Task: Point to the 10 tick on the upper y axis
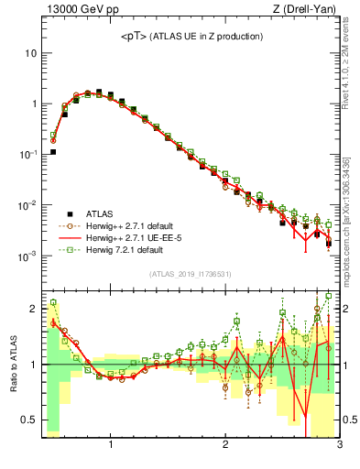click(30, 53)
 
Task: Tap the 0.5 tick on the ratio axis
click(28, 420)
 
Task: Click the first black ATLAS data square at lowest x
click(53, 152)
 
